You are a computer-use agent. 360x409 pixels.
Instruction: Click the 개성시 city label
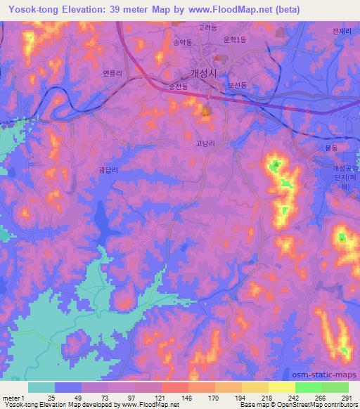(205, 72)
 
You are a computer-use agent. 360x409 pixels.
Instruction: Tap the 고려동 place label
(207, 28)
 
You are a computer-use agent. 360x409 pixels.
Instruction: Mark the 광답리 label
(108, 169)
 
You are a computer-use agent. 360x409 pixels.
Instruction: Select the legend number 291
(346, 398)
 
